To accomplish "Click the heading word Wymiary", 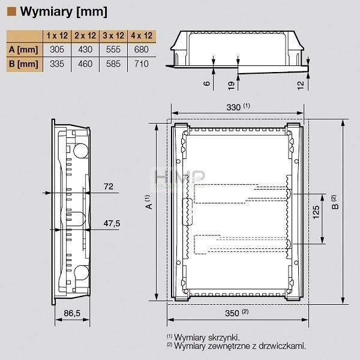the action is point(46,11).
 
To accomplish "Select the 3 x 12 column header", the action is point(113,35).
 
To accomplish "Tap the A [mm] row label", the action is point(23,50).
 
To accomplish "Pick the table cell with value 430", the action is point(85,50).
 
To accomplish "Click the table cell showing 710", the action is point(142,64).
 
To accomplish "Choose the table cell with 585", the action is point(113,64).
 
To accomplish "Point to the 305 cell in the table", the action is point(57,50).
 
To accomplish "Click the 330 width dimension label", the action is point(233,107).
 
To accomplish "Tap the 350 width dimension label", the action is point(232,313).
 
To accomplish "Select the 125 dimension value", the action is point(316,212).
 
